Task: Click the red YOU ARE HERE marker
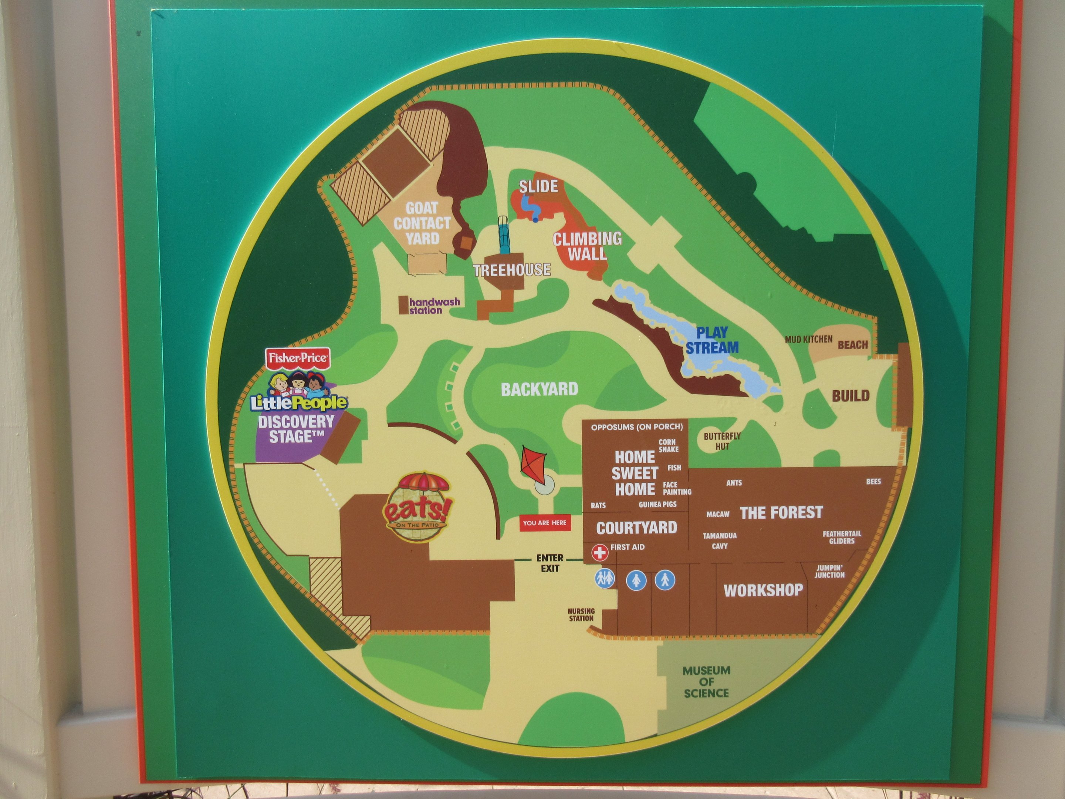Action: (545, 523)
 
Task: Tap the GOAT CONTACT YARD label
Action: (422, 223)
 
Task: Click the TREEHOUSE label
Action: (512, 270)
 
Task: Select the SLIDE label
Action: (538, 186)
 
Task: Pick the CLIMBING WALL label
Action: (587, 246)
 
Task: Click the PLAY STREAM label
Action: (712, 340)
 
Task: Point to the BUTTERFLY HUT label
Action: (722, 441)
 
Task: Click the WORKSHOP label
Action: (763, 590)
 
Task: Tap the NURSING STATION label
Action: (581, 614)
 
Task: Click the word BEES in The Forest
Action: (873, 481)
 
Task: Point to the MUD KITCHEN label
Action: (808, 339)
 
